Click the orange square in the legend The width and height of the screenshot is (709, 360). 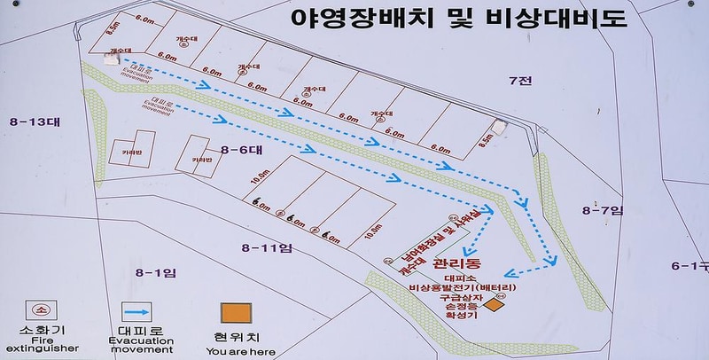(237, 313)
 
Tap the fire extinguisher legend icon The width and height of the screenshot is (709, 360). (42, 311)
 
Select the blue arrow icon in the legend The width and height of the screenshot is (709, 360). (135, 312)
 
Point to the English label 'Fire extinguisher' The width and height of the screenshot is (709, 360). (42, 345)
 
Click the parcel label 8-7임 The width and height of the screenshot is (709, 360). (603, 209)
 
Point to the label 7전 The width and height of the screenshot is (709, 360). (519, 82)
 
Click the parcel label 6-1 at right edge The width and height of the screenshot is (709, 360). (690, 266)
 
